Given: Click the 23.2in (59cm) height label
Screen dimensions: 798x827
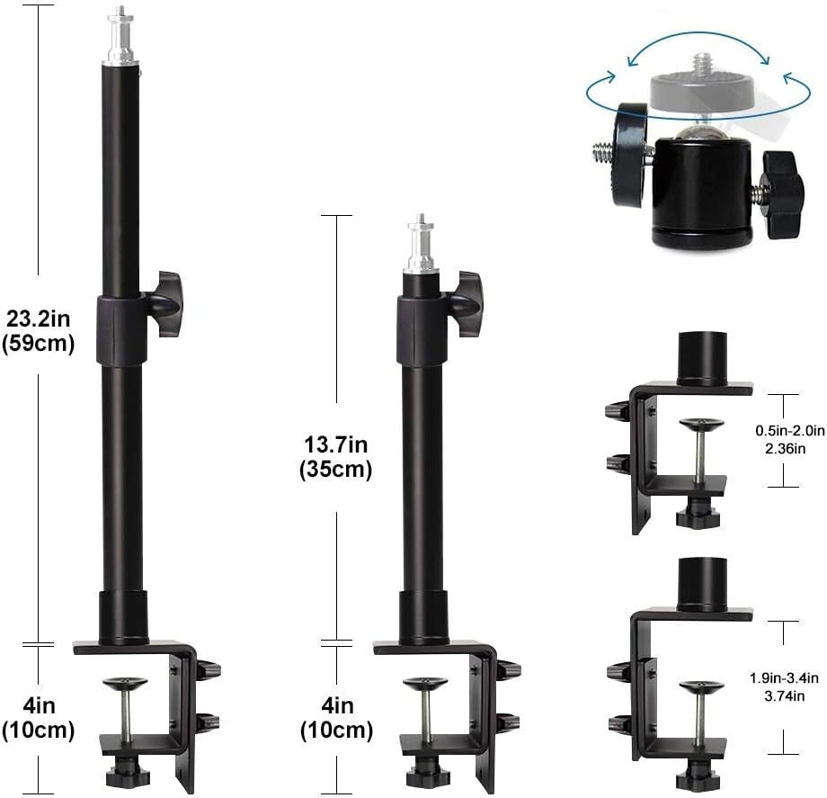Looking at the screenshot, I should (x=39, y=330).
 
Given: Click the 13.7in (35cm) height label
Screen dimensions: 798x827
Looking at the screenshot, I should (x=337, y=456).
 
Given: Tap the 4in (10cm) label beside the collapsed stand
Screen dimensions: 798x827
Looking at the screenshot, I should (x=337, y=718).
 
